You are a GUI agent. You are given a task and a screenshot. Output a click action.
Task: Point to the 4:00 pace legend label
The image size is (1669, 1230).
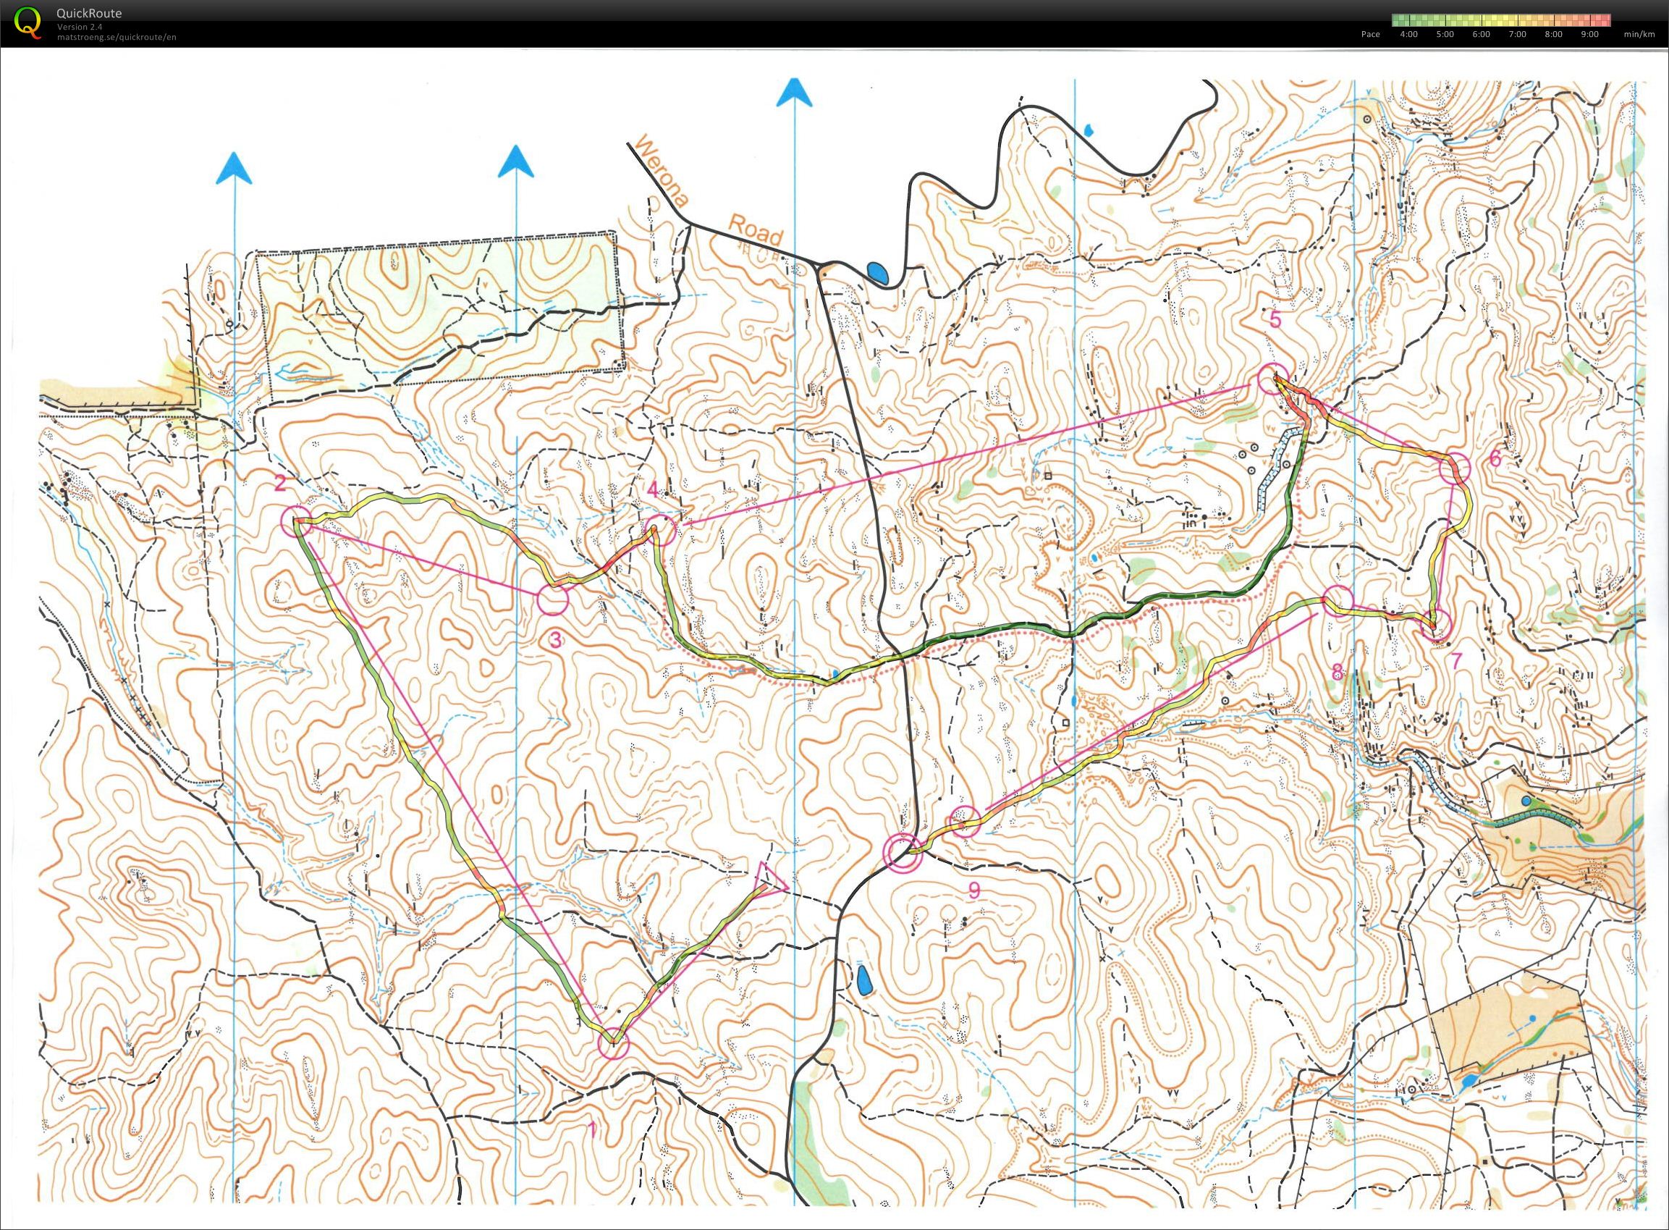pos(1409,34)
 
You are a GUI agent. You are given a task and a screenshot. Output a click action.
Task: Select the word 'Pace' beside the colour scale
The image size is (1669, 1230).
pos(1371,34)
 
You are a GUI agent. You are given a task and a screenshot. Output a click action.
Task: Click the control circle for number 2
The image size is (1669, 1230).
pos(295,520)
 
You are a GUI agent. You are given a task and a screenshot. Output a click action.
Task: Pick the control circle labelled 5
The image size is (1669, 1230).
pos(1272,379)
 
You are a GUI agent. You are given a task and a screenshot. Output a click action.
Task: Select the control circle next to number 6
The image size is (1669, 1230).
pos(1454,468)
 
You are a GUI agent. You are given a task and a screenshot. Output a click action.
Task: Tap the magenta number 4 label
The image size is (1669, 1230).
pos(652,490)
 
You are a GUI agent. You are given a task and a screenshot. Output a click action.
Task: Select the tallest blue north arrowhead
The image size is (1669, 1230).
pos(793,93)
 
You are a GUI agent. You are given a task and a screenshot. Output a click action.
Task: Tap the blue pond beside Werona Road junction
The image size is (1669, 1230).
pos(879,273)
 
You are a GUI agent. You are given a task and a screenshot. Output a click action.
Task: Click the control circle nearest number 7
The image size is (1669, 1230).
pos(1436,624)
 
